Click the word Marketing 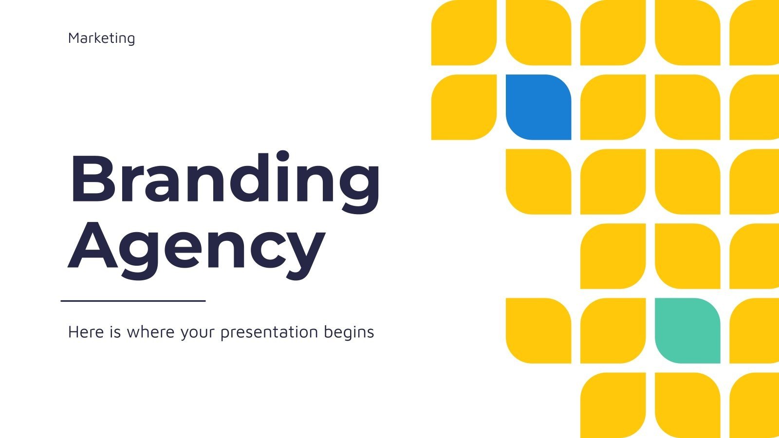click(102, 38)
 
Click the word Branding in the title click(225, 182)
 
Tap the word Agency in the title click(197, 251)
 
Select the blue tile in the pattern click(538, 107)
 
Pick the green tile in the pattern click(687, 330)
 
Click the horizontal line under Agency click(133, 301)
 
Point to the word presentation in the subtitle click(270, 332)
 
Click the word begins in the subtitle click(349, 332)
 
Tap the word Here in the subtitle click(86, 331)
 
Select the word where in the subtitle click(150, 331)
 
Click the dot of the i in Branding click(283, 156)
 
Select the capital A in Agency click(93, 244)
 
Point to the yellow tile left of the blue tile click(464, 107)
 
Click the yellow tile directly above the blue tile click(538, 33)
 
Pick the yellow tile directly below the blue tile click(538, 182)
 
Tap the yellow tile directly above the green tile click(687, 256)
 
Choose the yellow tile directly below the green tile click(687, 405)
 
